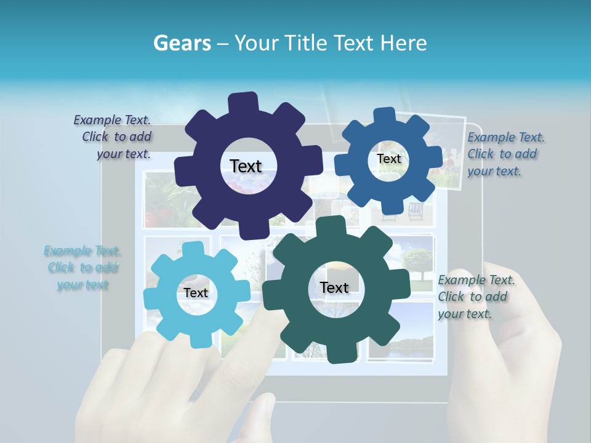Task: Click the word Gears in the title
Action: coord(182,43)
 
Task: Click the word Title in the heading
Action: coord(306,43)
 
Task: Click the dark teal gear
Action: coord(289,320)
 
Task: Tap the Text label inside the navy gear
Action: coord(246,166)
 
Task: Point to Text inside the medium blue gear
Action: coord(388,159)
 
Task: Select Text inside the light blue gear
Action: coord(196,293)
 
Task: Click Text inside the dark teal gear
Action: coord(334,287)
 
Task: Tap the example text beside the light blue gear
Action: coord(82,268)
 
